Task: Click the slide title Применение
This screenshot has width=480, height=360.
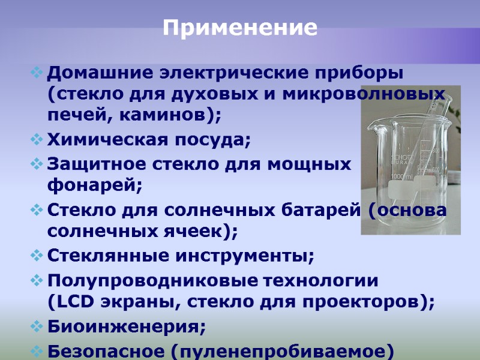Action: coord(240,28)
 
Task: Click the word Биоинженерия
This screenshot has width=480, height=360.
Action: coord(126,327)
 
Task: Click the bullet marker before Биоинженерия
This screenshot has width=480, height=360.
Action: coord(37,327)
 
